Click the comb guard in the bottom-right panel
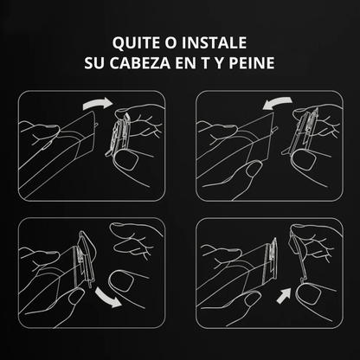298,264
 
